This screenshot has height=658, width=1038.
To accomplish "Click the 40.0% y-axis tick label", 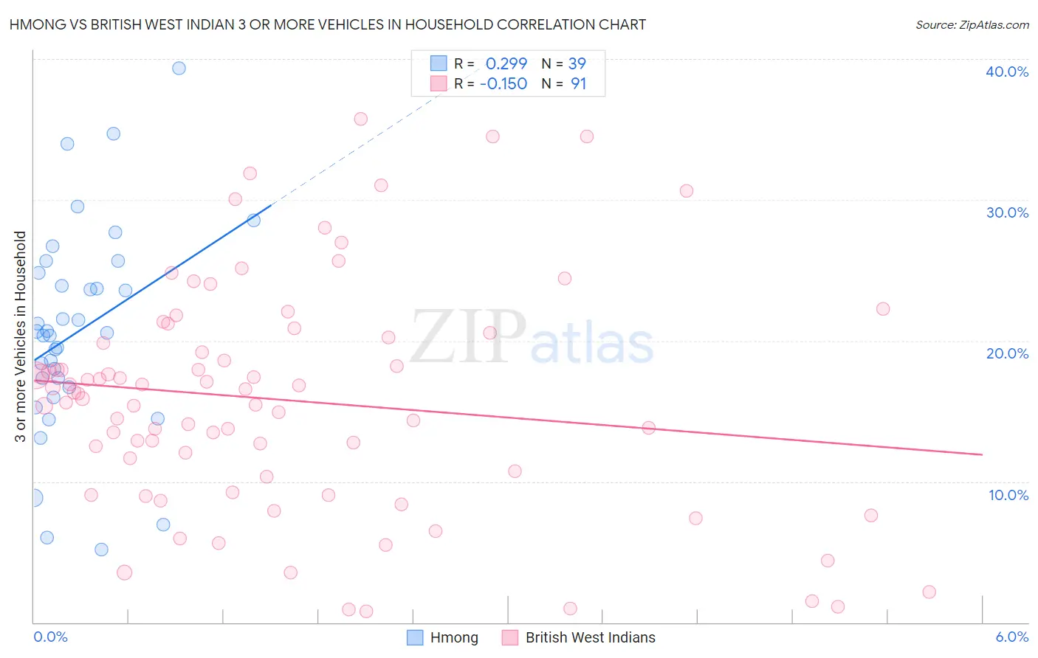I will tap(1006, 72).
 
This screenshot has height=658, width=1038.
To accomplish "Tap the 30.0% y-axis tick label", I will tap(1006, 212).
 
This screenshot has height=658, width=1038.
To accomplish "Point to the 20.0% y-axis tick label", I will tap(1006, 353).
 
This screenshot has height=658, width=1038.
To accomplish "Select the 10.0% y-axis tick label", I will tap(1008, 495).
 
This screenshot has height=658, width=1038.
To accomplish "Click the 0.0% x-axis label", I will tap(50, 637).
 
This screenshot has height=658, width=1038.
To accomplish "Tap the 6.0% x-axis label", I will tap(1011, 637).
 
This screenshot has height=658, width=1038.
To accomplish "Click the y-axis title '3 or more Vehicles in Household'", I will tap(21, 336).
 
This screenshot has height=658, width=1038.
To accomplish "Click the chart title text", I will tap(327, 24).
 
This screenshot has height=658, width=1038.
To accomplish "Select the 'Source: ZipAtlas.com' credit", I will tap(972, 24).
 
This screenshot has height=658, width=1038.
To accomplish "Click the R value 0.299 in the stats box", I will tap(506, 63).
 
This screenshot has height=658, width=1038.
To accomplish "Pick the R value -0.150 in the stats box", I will tap(503, 83).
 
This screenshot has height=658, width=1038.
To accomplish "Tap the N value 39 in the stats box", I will tap(577, 63).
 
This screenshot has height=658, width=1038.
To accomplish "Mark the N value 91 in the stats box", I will tap(578, 83).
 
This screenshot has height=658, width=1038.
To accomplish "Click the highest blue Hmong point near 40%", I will tap(179, 68).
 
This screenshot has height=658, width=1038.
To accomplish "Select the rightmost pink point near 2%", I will tap(929, 592).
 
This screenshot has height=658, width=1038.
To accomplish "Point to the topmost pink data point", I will tap(360, 119).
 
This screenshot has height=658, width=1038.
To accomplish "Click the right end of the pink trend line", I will tap(982, 454).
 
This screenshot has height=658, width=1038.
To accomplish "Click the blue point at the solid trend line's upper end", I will tap(253, 220).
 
